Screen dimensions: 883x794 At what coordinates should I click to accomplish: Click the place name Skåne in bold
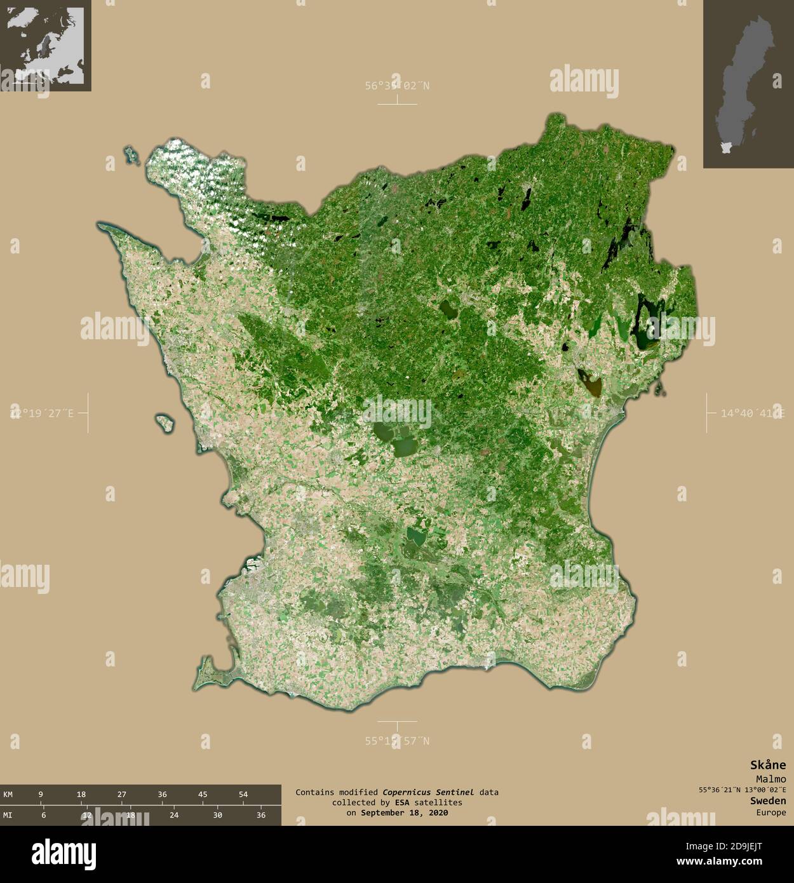tap(767, 765)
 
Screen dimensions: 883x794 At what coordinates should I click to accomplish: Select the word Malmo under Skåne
tap(770, 779)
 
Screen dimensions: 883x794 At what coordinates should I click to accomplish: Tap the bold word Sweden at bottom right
tap(767, 801)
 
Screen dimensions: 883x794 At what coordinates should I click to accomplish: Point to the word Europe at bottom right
tap(770, 812)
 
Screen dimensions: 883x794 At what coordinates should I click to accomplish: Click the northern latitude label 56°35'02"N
tap(397, 86)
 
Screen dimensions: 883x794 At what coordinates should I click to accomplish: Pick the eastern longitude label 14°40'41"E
tap(752, 414)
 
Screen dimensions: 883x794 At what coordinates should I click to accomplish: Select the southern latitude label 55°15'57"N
tap(397, 741)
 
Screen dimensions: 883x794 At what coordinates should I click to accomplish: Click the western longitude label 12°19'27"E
tap(42, 414)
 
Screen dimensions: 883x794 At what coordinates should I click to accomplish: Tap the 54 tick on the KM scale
tap(243, 794)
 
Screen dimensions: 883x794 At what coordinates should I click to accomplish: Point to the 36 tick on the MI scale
tap(260, 815)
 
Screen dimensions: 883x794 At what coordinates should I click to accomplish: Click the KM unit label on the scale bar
tap(8, 794)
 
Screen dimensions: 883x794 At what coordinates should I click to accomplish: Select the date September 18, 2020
tap(404, 812)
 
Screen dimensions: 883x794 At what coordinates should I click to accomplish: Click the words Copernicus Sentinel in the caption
tap(427, 792)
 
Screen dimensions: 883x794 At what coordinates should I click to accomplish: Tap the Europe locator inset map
tap(45, 45)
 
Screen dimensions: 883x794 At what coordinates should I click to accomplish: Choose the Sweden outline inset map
tap(748, 84)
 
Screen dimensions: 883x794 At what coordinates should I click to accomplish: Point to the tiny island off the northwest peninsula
tap(132, 154)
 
